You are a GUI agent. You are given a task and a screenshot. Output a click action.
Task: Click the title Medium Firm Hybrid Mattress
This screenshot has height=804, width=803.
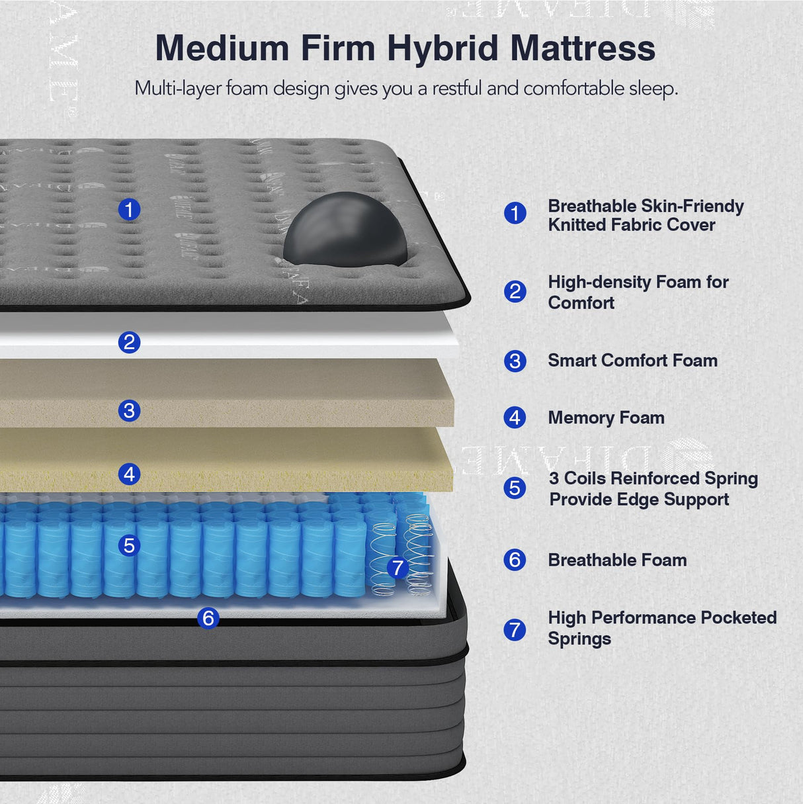[x=405, y=49]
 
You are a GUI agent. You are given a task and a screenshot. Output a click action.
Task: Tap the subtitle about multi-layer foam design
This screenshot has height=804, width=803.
[x=406, y=89]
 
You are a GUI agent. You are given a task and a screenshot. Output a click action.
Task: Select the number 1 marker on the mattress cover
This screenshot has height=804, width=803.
[x=129, y=210]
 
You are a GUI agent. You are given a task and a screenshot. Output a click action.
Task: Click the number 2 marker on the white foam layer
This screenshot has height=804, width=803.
[x=129, y=342]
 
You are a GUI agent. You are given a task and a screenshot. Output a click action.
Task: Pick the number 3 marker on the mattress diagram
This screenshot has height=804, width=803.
[x=129, y=410]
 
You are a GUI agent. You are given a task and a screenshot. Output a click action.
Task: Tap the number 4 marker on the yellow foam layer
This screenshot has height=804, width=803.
[x=129, y=474]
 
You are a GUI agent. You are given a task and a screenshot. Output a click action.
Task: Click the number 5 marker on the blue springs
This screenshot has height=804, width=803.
[x=129, y=545]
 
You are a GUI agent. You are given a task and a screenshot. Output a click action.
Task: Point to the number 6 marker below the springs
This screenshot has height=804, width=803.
[x=208, y=618]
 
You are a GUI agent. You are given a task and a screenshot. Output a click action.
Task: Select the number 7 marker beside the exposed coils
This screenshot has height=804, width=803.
[x=397, y=567]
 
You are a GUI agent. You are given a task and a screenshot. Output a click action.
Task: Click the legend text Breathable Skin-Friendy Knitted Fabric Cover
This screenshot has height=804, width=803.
[x=645, y=216]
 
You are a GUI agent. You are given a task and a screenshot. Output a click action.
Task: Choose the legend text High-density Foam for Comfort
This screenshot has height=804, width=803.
[x=638, y=292]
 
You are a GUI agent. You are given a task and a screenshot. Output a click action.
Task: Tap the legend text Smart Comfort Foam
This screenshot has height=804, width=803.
[x=632, y=361]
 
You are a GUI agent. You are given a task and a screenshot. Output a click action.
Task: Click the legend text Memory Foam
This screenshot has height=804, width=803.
[x=606, y=418]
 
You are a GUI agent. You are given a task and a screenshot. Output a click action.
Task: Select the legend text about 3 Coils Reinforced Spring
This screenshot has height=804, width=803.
[x=653, y=488]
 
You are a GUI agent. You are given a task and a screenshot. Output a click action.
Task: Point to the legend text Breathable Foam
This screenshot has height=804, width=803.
[x=617, y=560]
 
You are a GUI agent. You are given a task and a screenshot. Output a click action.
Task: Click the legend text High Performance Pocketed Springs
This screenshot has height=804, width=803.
[x=661, y=628]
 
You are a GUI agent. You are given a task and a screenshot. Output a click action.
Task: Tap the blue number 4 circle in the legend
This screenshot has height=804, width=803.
[x=515, y=418]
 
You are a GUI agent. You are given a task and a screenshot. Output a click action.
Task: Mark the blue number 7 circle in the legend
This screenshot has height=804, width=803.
[x=515, y=629]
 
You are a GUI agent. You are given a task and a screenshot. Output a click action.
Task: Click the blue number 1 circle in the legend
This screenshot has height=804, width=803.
[x=515, y=213]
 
